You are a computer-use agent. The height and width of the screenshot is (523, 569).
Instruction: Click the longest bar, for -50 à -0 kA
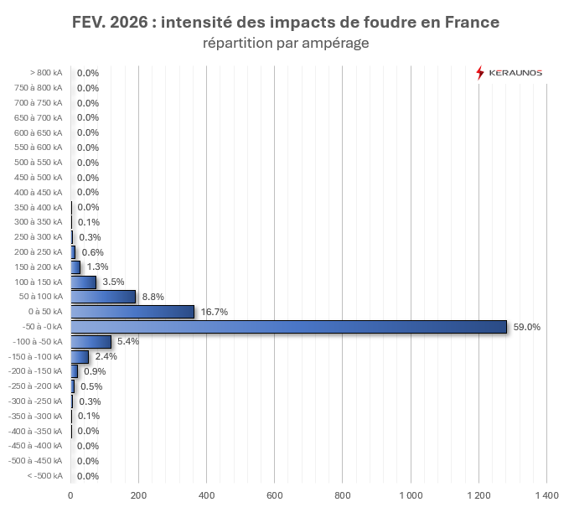(289, 327)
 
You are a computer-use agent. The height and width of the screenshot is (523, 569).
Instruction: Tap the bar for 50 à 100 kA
(103, 297)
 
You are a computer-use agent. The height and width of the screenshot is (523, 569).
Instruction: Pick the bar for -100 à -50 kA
(91, 341)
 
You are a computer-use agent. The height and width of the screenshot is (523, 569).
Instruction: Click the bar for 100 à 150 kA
(83, 282)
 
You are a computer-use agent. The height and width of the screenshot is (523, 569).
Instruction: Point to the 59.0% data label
(527, 327)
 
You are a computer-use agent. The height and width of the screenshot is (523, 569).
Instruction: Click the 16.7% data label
(214, 312)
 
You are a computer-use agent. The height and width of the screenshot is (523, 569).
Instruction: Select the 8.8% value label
(153, 297)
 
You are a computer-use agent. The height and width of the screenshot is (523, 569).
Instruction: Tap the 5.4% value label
(127, 341)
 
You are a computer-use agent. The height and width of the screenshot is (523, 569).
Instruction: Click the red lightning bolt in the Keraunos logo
(480, 73)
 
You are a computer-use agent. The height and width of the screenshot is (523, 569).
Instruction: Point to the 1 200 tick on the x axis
(478, 496)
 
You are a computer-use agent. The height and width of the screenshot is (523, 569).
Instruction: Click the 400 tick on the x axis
(206, 496)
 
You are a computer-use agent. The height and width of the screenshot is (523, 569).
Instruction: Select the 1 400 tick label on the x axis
(546, 496)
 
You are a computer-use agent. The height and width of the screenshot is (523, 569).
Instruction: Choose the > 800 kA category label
(45, 73)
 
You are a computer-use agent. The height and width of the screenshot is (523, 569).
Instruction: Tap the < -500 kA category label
(44, 476)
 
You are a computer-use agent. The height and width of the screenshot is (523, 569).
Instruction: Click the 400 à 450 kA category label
(39, 192)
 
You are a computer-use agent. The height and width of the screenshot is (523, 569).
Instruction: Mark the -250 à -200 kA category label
(36, 386)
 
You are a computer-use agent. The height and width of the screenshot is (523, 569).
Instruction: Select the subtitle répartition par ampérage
(286, 43)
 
